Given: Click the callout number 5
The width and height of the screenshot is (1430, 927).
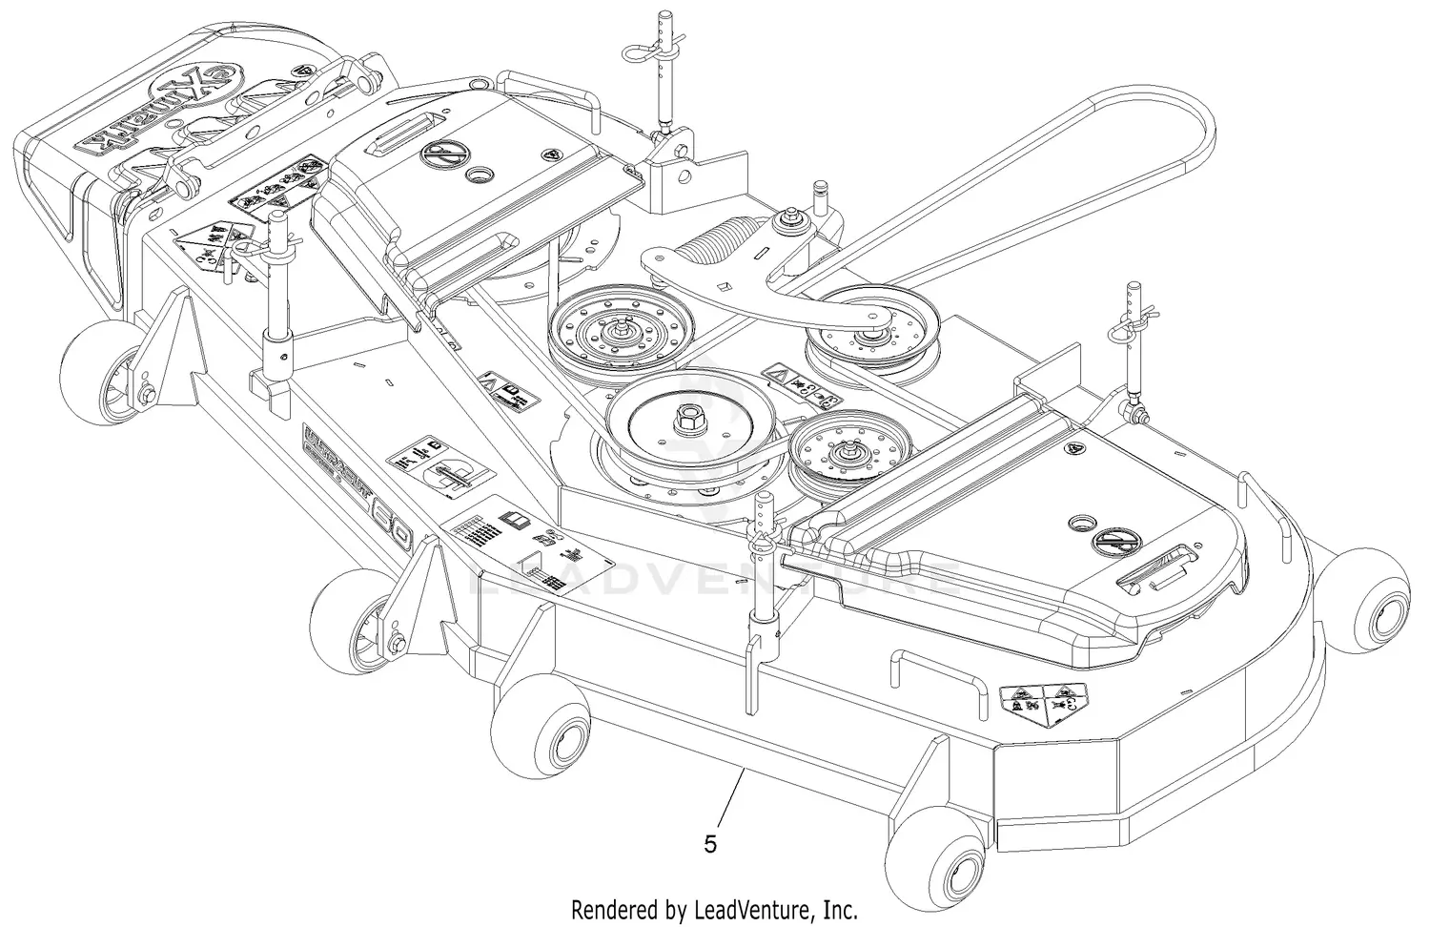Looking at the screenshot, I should [x=709, y=844].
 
